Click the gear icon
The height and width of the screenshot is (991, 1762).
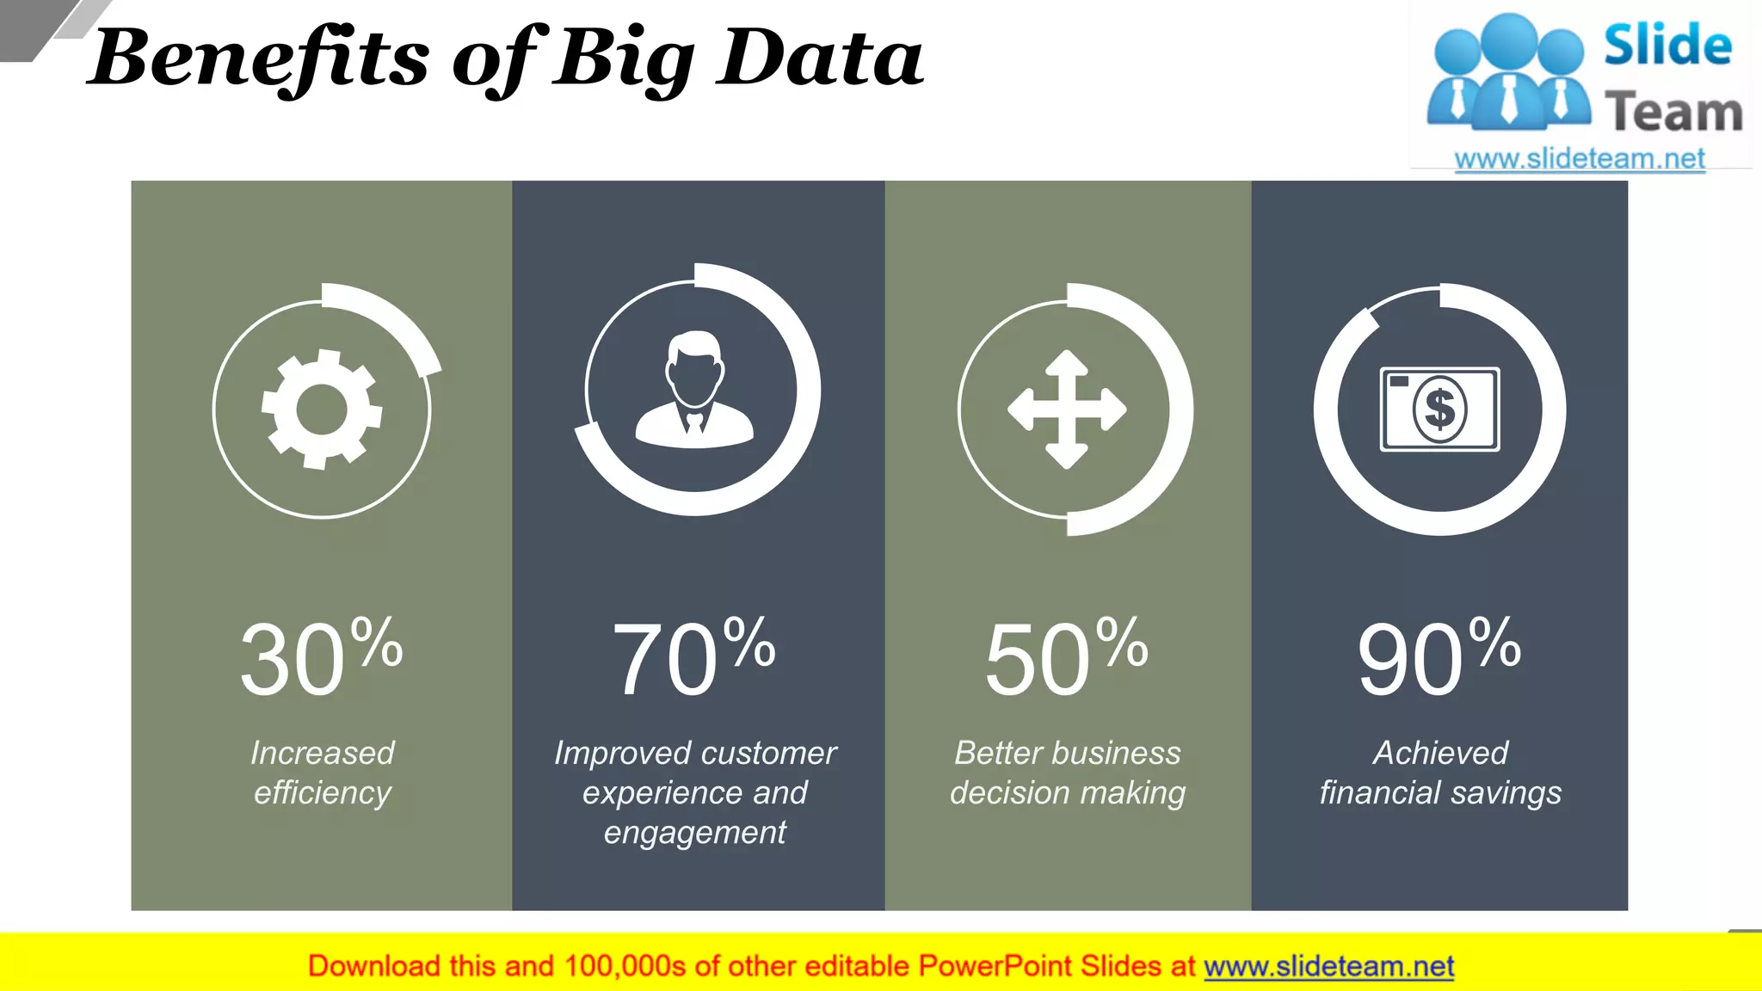[x=322, y=409]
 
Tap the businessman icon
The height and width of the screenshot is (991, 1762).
[x=694, y=391]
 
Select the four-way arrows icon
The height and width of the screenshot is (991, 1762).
[x=1067, y=409]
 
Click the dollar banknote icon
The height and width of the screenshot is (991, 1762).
[x=1439, y=409]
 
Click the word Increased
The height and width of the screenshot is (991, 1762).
[x=323, y=753]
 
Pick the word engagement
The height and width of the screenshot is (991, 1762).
[x=694, y=833]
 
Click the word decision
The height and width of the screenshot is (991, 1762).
[x=1010, y=792]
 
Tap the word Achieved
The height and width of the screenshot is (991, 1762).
[x=1440, y=753]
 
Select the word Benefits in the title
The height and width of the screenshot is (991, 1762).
[x=258, y=58]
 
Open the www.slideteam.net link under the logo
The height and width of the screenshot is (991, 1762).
[x=1580, y=158]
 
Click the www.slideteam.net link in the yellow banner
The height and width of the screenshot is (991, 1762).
[x=1328, y=966]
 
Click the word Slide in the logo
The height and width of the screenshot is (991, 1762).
[x=1667, y=46]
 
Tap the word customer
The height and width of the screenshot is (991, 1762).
[x=770, y=753]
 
